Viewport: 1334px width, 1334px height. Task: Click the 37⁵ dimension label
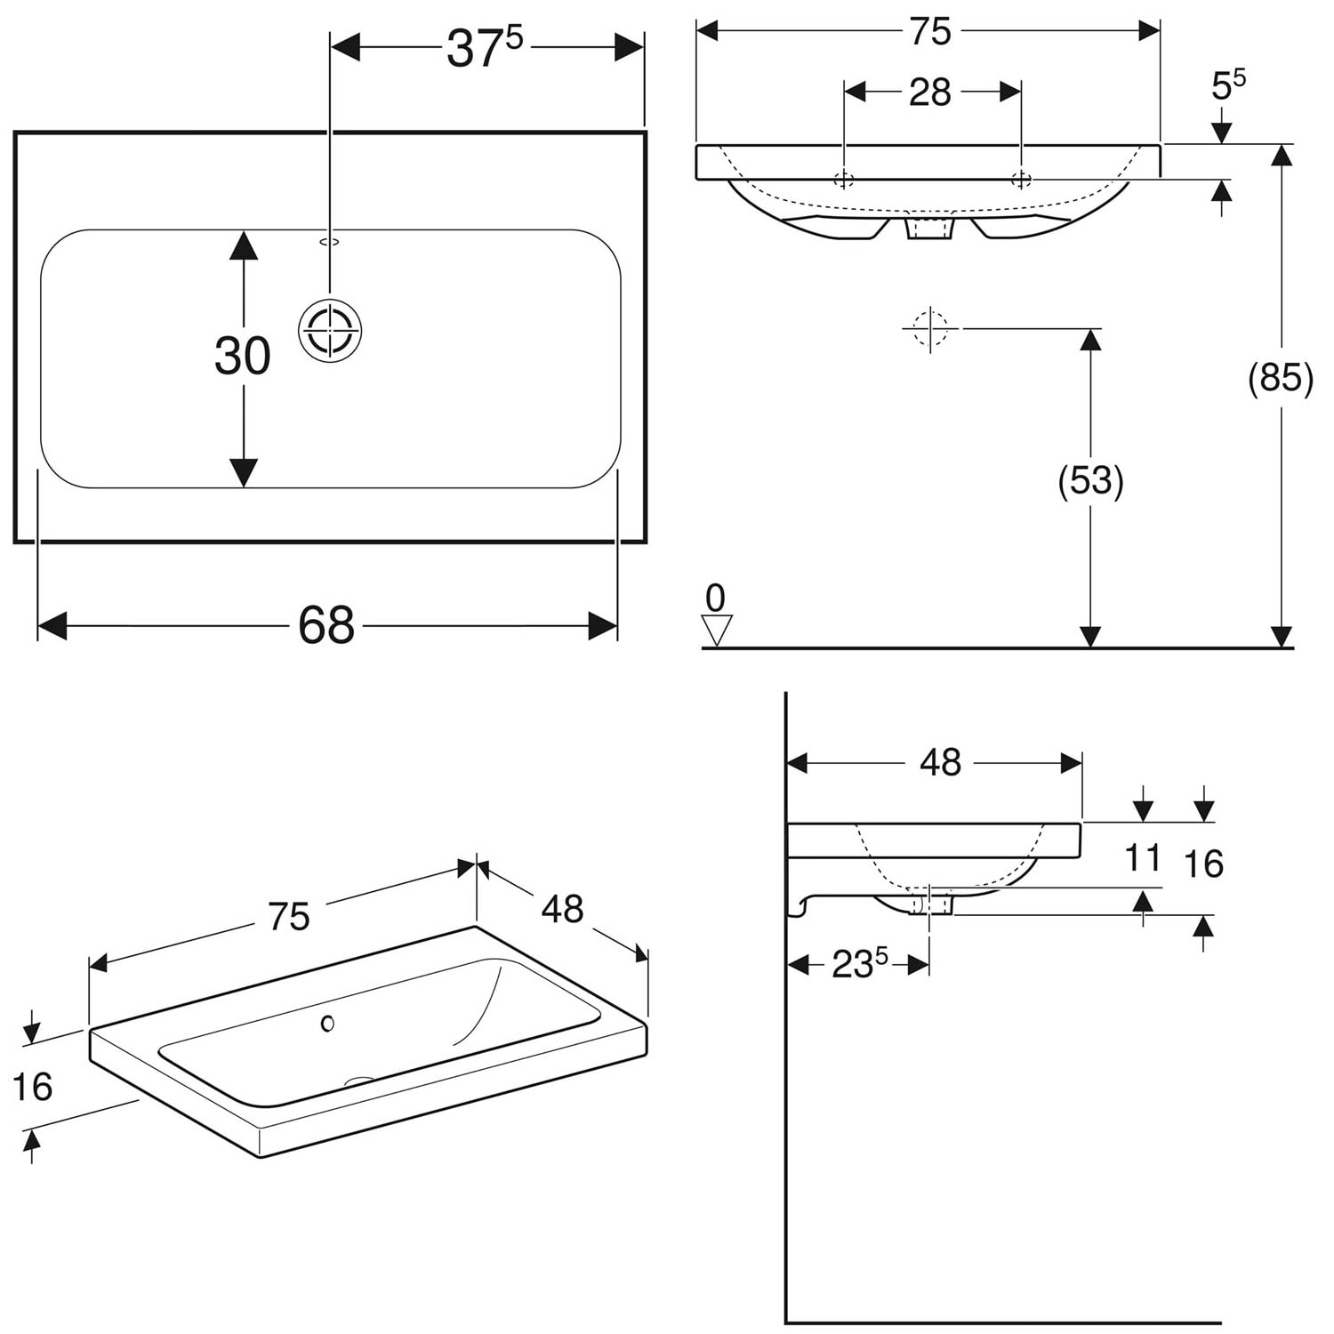(485, 48)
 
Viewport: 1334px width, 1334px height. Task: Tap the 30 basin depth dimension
(242, 356)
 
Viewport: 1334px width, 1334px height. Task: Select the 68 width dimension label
(326, 625)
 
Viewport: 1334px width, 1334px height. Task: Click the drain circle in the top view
(330, 331)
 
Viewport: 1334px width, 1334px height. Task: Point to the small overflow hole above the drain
(329, 241)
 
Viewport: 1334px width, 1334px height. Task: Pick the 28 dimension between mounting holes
(930, 92)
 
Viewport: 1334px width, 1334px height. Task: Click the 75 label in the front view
(930, 32)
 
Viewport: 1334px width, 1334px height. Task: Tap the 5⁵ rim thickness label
(1228, 84)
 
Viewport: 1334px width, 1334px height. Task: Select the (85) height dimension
(1281, 378)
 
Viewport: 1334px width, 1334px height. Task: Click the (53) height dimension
(1090, 481)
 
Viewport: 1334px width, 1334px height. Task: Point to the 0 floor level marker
(715, 614)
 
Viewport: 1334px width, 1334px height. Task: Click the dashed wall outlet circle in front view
(930, 328)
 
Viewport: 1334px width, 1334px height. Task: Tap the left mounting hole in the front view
(844, 180)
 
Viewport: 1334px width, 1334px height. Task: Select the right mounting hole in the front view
(1021, 180)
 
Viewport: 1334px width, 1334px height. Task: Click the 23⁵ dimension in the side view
(860, 964)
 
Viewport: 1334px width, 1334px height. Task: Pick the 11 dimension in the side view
(1143, 858)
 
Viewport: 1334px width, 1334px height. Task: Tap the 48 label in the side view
(940, 762)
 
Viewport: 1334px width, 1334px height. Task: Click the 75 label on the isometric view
(289, 917)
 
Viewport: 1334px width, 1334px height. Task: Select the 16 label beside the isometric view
(32, 1087)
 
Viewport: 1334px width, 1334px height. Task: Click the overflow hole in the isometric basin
(327, 1024)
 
